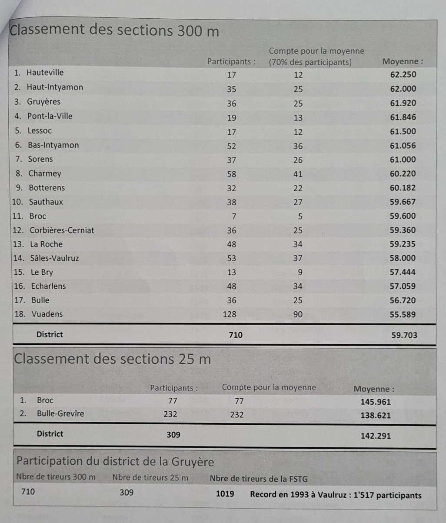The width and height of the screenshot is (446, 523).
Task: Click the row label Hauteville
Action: [45, 73]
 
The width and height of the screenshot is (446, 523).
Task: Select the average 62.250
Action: [403, 74]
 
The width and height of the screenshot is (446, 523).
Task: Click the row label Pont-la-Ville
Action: [50, 116]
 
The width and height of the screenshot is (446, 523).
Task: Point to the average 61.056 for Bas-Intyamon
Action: [403, 146]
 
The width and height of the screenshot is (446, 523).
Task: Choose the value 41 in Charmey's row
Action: [298, 174]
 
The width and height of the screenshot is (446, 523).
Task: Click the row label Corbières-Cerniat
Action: [62, 230]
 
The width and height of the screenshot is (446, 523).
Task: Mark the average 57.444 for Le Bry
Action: [403, 272]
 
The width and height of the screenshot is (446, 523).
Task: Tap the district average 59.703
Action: [404, 335]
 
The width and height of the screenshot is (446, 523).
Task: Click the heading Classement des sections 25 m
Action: [113, 359]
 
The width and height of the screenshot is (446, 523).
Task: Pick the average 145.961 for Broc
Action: [376, 402]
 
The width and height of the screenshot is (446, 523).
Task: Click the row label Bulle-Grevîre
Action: [60, 413]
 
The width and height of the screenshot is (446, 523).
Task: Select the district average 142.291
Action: [376, 436]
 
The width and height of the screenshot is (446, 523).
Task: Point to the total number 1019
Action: [225, 494]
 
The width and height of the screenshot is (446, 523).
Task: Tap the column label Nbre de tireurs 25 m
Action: [150, 478]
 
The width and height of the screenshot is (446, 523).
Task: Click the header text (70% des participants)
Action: [310, 62]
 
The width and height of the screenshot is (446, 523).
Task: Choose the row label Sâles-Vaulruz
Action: [54, 258]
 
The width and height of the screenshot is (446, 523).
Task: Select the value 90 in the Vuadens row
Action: [298, 314]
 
